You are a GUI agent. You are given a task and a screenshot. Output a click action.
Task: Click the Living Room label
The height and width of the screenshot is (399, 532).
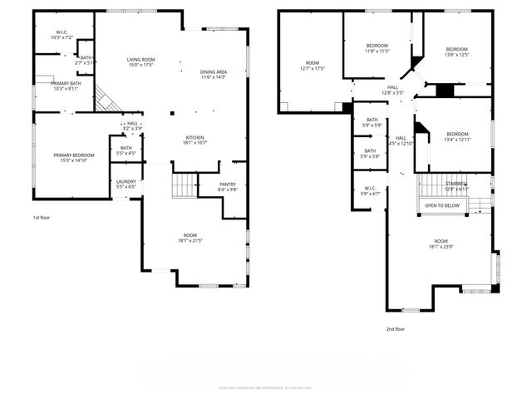[x=141, y=62]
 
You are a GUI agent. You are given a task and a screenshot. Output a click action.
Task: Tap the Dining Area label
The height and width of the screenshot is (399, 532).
[x=214, y=75]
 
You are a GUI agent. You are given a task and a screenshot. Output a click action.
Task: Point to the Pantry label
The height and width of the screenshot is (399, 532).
[x=228, y=187]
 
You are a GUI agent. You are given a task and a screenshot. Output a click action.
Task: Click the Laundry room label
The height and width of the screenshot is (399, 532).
[x=126, y=185]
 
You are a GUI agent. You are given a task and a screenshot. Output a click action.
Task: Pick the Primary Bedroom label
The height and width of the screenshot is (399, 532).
[x=71, y=158]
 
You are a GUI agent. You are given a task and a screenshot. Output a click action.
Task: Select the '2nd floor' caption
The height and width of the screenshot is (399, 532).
[x=394, y=328]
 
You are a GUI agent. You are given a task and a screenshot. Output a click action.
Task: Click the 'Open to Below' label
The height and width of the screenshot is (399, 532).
[x=441, y=204]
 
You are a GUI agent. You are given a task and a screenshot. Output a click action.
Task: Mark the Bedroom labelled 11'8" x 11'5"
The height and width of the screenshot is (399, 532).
[x=378, y=49]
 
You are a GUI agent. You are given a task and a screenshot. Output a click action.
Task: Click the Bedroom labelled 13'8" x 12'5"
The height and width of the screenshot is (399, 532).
[x=456, y=52]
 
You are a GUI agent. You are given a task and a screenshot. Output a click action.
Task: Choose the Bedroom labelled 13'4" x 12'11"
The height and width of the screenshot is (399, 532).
[x=457, y=137]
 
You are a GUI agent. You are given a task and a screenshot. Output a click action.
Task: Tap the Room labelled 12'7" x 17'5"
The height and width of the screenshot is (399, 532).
[x=313, y=66]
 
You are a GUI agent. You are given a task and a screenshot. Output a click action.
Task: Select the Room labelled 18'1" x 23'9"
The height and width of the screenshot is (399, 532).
[x=440, y=244]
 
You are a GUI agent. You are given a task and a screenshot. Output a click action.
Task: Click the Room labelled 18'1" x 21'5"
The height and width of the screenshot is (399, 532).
[x=190, y=238]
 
